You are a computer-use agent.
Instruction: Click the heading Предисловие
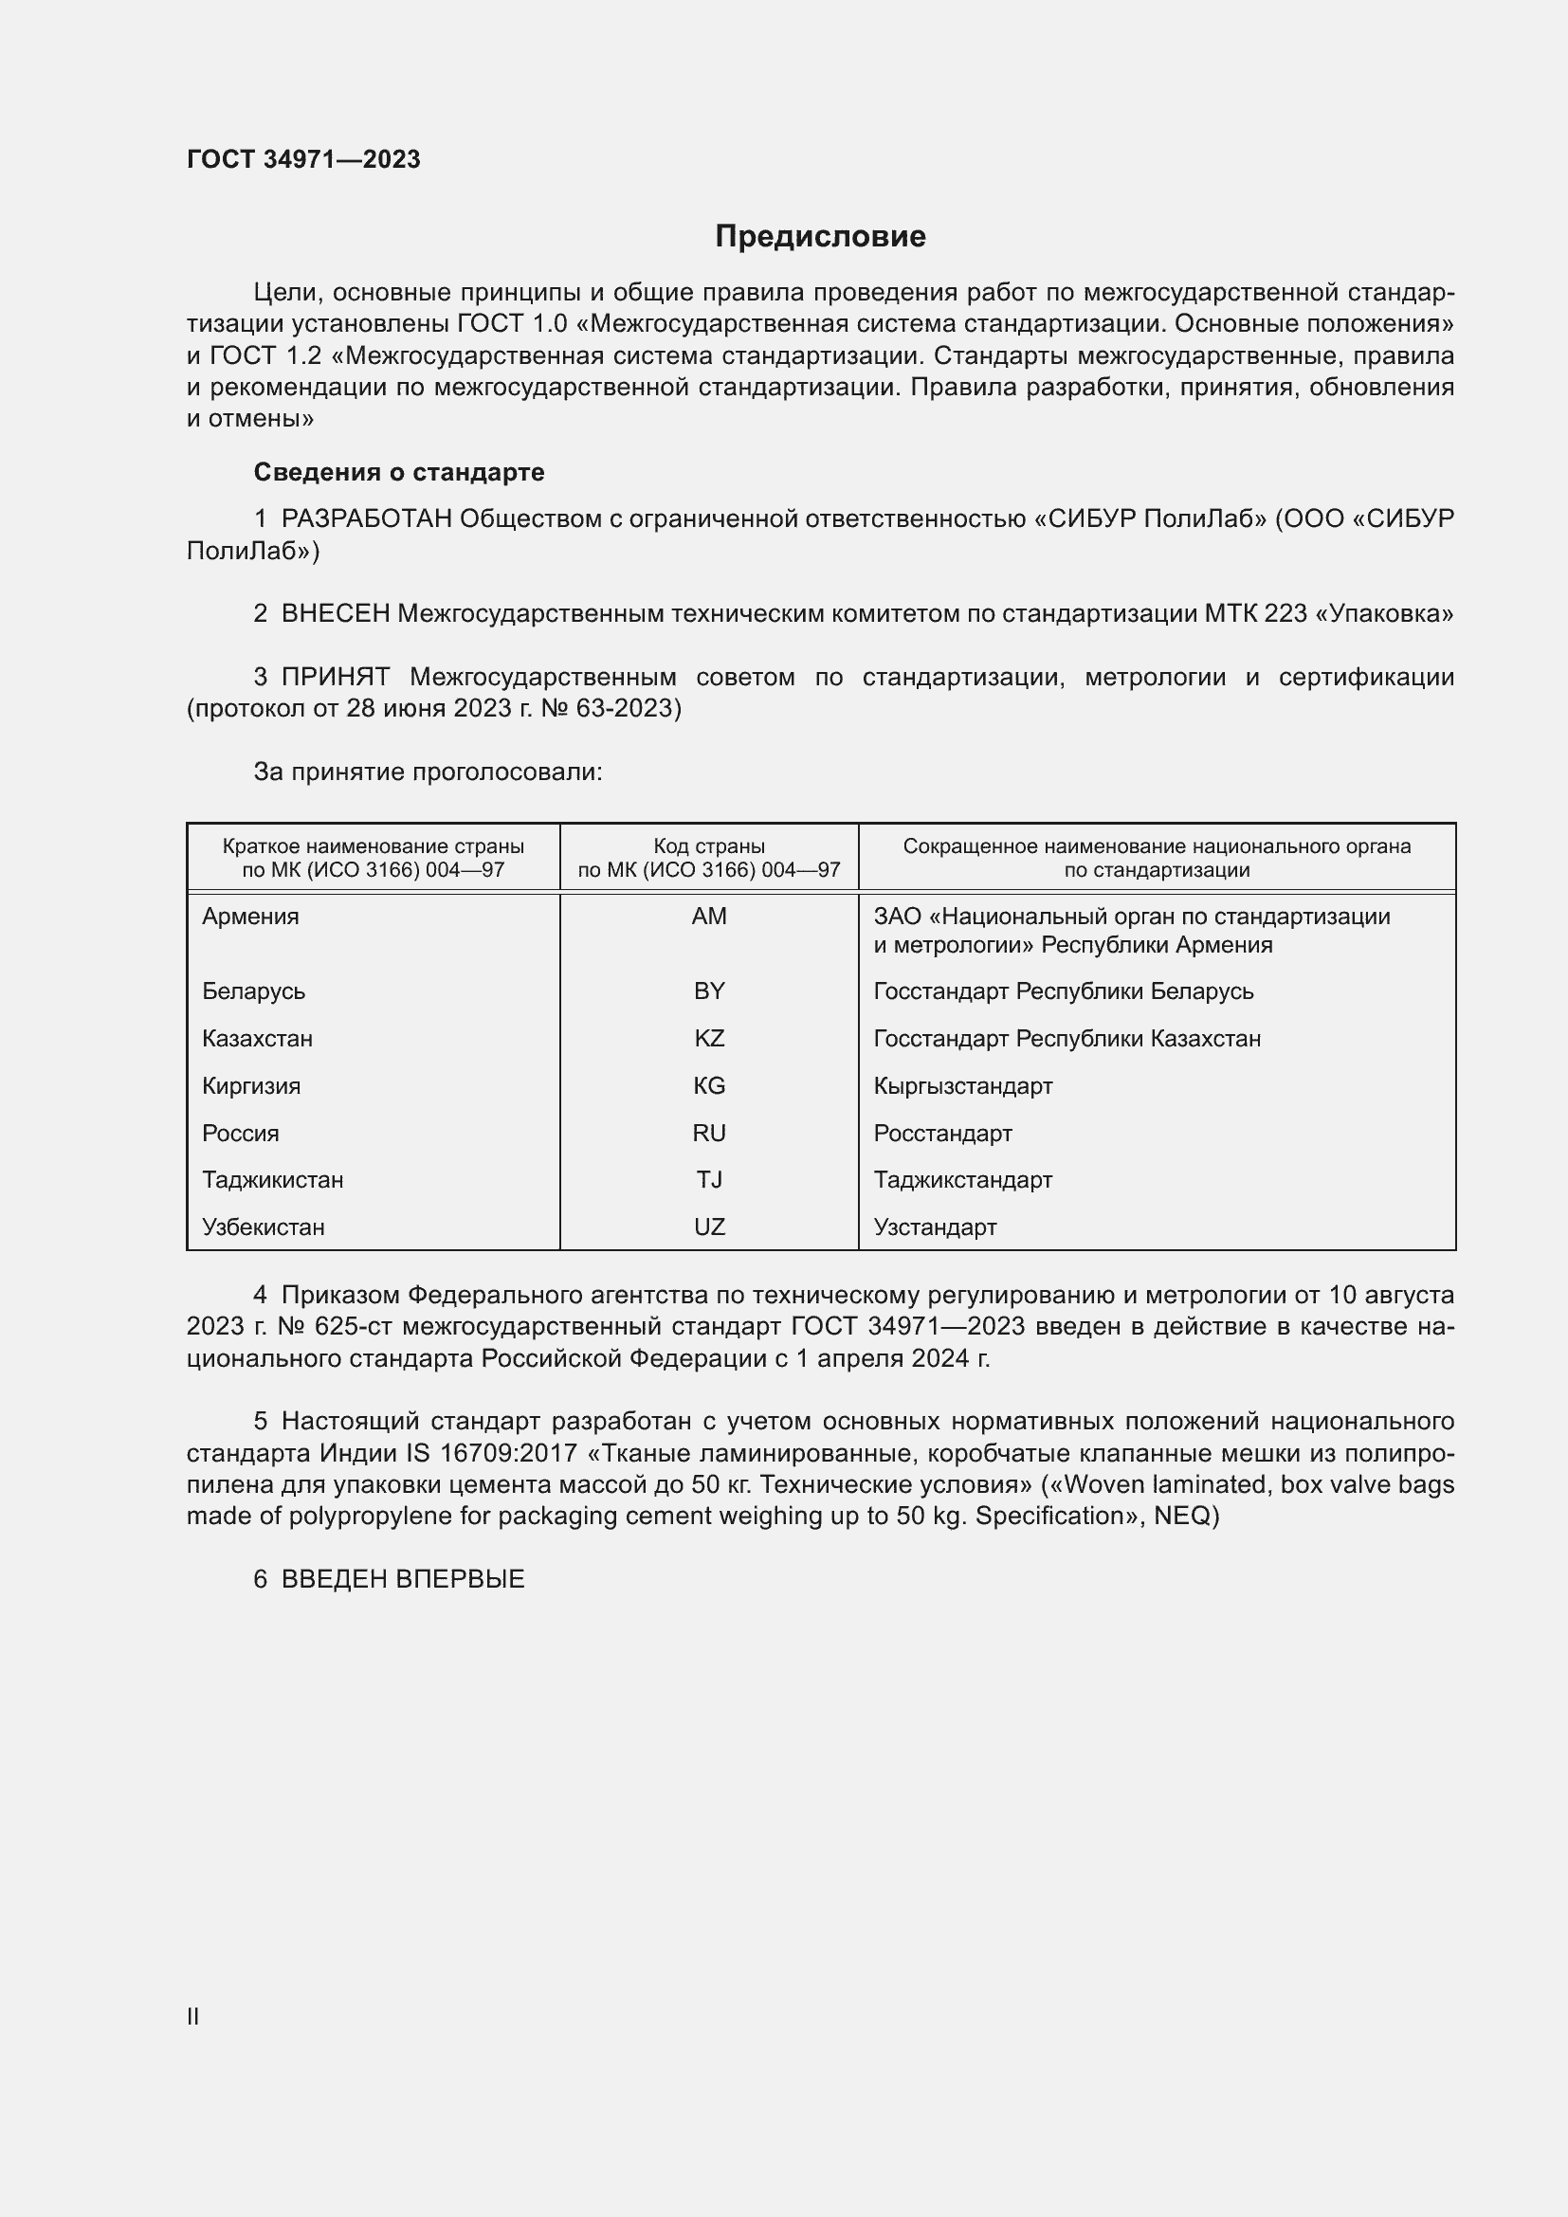coord(820,237)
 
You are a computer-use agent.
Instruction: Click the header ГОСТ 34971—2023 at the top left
coord(303,159)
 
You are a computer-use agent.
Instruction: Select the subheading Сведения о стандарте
coord(399,472)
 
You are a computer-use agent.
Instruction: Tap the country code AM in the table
coord(709,917)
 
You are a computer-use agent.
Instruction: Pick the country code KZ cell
coord(709,1039)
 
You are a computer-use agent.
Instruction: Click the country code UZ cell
coord(709,1227)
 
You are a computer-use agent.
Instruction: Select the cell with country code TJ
coord(709,1180)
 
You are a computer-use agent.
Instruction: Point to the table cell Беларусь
coord(253,991)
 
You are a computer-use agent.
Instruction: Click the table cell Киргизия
coord(251,1086)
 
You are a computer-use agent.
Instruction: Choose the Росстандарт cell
coord(942,1134)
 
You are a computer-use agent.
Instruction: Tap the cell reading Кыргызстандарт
coord(962,1086)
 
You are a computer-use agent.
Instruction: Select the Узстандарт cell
coord(935,1227)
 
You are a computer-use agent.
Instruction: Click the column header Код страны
coord(709,846)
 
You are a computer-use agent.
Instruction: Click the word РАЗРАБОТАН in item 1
coord(367,519)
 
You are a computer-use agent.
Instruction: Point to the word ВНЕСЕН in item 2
coord(335,614)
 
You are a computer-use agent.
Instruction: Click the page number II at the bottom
coord(193,2017)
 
